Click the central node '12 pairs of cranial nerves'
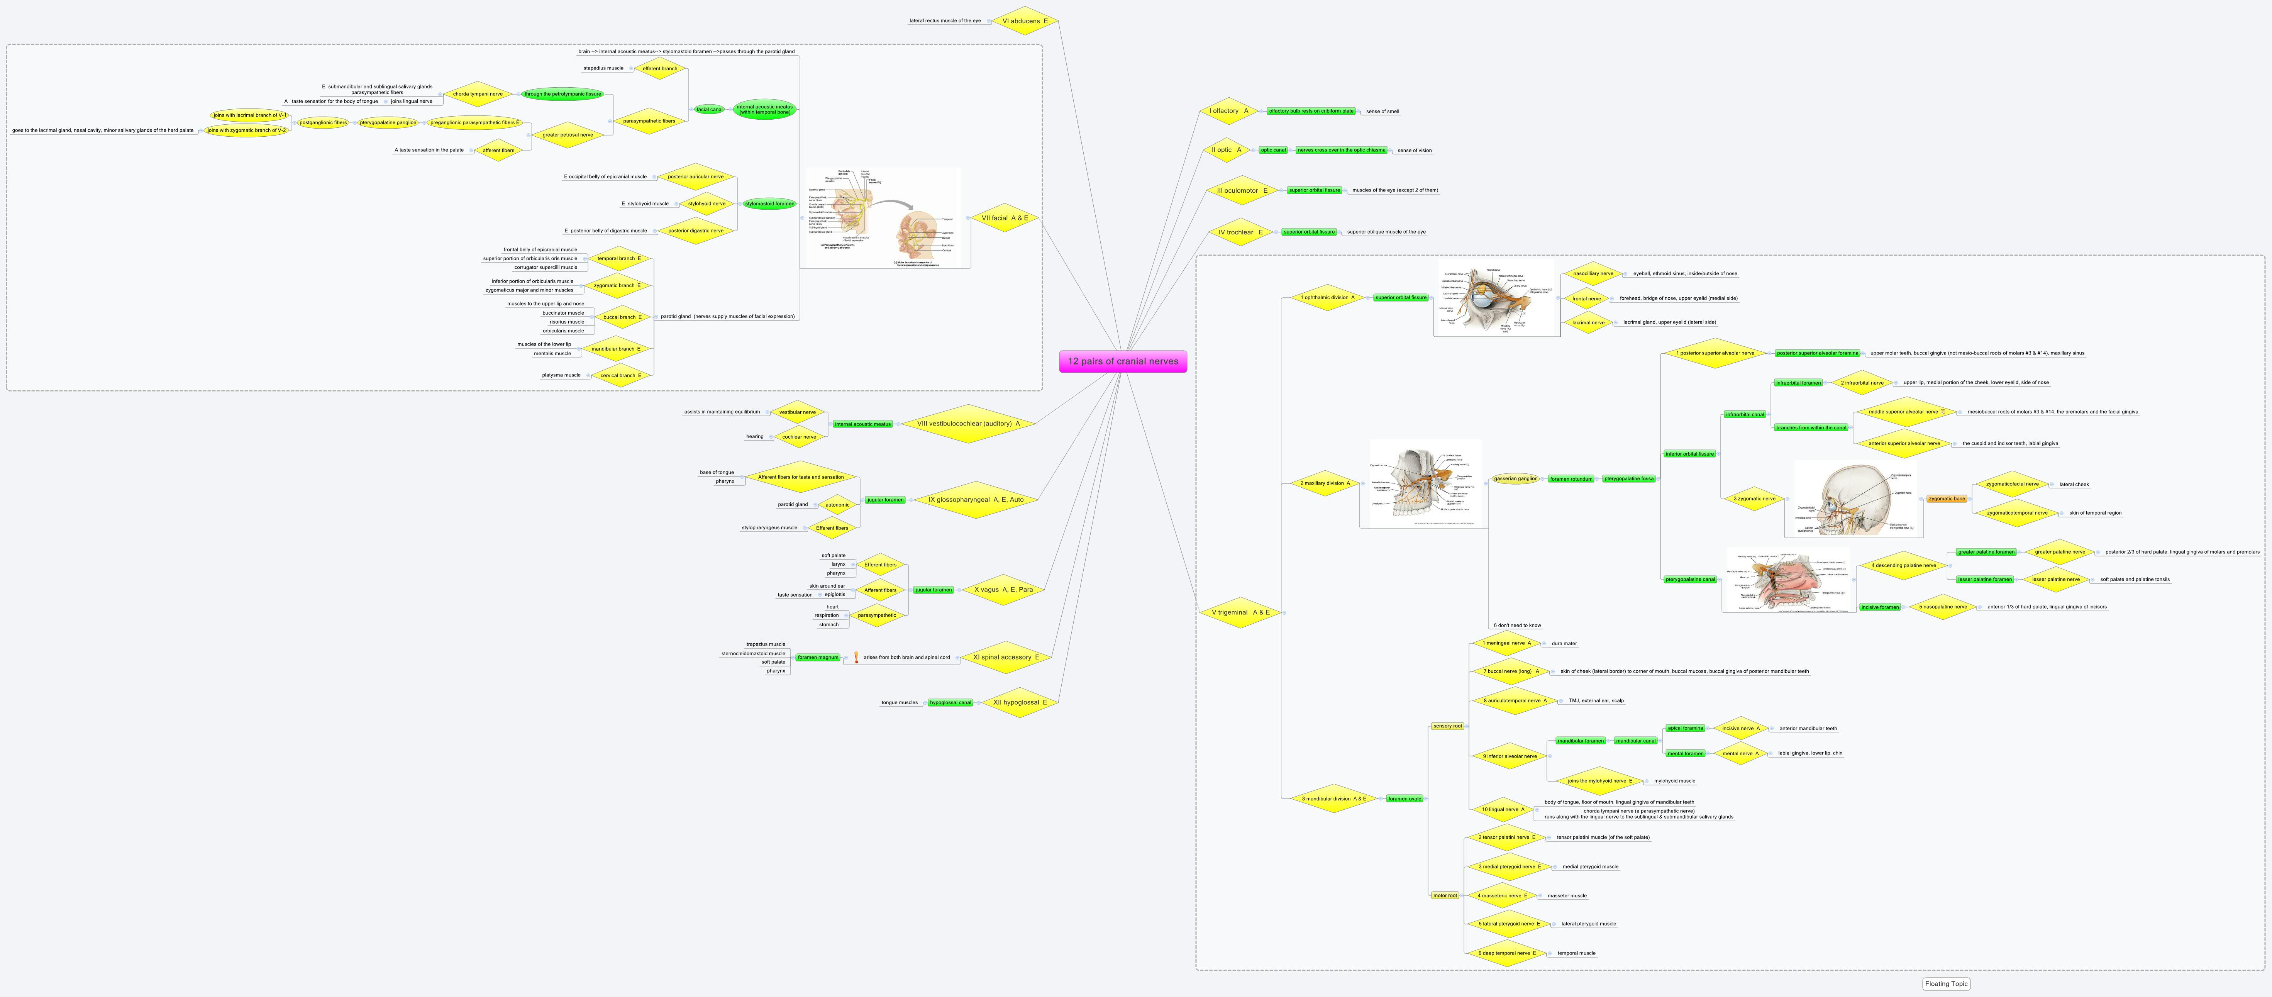point(1123,361)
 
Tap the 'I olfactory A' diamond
point(1228,111)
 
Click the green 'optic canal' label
point(1273,150)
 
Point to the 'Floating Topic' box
point(1946,984)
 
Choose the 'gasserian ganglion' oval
point(1515,479)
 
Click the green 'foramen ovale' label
point(1404,799)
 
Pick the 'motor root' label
point(1445,895)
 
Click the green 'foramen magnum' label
point(818,657)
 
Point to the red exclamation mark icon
point(856,657)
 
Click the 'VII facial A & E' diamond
point(1005,218)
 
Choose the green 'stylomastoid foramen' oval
point(769,204)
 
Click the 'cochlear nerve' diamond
point(798,437)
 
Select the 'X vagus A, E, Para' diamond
point(1003,589)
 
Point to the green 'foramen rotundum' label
point(1571,479)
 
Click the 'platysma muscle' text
point(561,375)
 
